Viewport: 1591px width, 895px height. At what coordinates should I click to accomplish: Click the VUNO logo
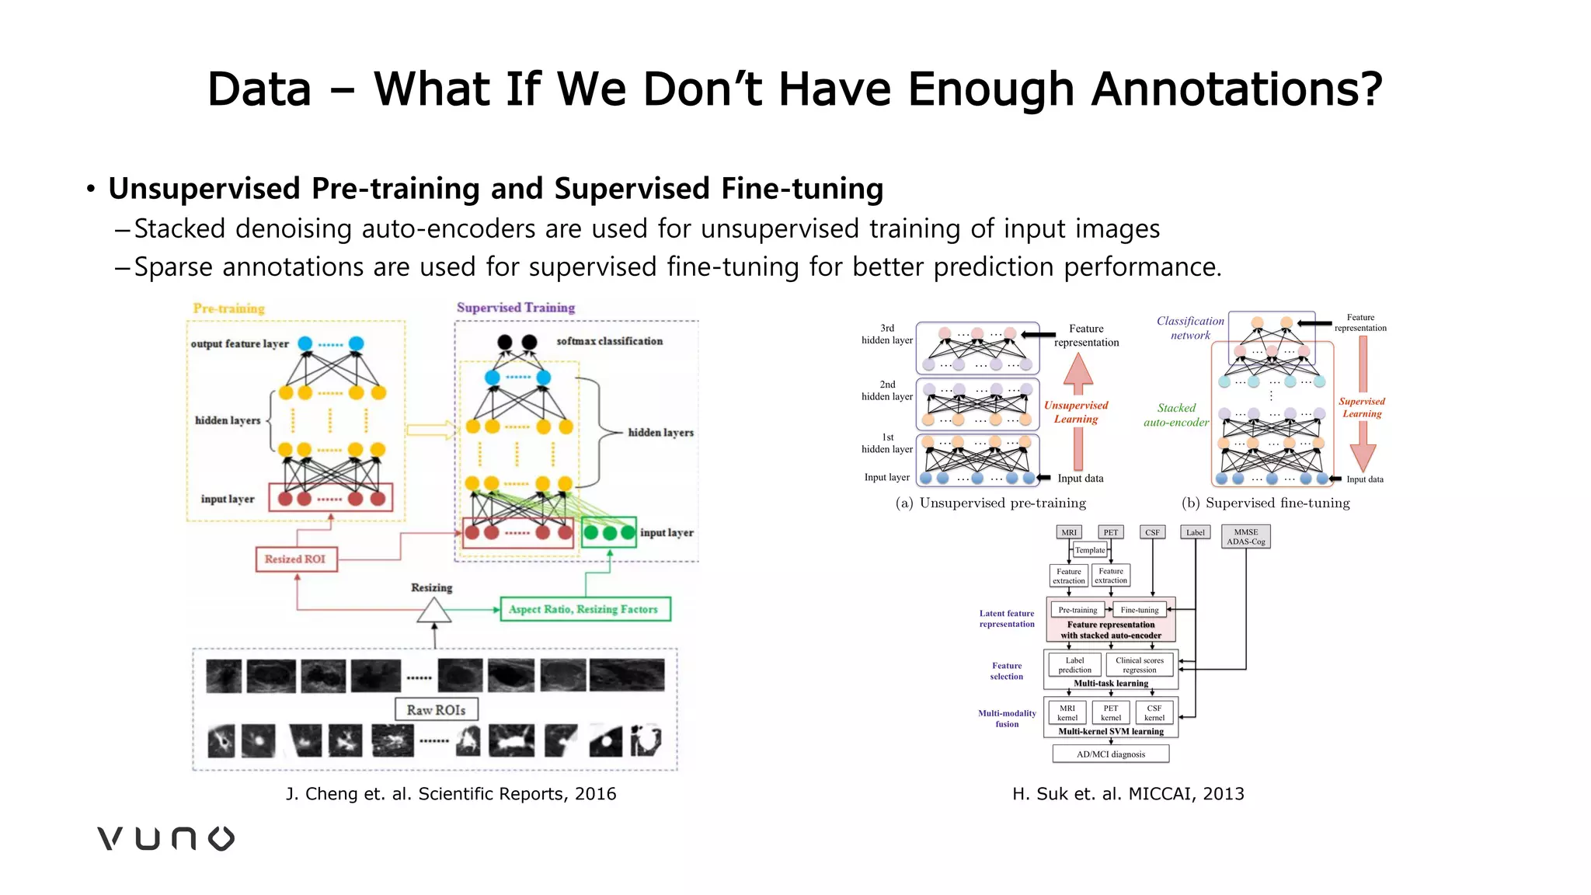point(165,838)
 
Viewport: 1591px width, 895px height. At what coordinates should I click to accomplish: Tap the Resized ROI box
point(296,559)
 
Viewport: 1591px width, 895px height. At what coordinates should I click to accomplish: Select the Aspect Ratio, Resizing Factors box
point(584,609)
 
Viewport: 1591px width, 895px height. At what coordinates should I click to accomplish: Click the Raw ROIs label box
point(436,710)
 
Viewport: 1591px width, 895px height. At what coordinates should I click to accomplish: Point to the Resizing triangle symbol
point(433,611)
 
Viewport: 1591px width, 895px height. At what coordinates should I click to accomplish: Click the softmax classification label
point(609,341)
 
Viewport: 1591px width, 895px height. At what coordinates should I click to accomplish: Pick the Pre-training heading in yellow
point(229,308)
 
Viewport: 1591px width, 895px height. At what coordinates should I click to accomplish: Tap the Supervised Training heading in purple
point(516,308)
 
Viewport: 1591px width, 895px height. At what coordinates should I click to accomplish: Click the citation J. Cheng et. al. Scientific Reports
point(451,794)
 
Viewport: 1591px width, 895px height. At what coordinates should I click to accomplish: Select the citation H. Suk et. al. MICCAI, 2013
point(1128,794)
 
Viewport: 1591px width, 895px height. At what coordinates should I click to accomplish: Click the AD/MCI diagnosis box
point(1110,754)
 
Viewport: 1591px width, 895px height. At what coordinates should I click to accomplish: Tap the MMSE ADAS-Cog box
point(1246,537)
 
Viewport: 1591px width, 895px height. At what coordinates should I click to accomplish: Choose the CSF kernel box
point(1154,712)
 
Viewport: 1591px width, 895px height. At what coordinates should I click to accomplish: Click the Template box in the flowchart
point(1089,550)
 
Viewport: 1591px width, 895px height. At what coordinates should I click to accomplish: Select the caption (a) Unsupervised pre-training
point(990,503)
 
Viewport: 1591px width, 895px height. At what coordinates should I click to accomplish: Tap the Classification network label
point(1190,328)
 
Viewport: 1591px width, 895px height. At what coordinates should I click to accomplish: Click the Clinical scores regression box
point(1139,665)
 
